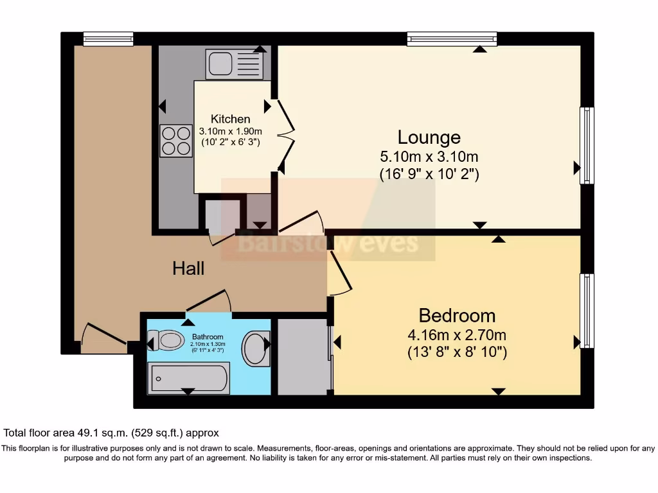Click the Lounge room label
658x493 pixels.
coord(429,137)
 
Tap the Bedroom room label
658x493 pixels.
coord(457,316)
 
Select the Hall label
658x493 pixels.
coord(188,268)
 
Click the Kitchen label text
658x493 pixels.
coord(231,119)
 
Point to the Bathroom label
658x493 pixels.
coord(208,337)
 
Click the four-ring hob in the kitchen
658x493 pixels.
coord(176,141)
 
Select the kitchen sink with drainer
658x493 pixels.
coord(234,64)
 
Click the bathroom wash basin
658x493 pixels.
coord(256,349)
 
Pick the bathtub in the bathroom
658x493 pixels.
coord(188,378)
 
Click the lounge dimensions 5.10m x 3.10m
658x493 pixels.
coord(429,157)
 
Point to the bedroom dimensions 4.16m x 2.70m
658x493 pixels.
coord(457,335)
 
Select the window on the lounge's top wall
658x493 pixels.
coord(452,39)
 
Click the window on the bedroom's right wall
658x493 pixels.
coord(587,311)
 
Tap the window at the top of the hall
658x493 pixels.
coord(108,39)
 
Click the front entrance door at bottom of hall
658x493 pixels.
coord(103,335)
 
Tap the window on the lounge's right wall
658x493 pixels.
coord(587,146)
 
